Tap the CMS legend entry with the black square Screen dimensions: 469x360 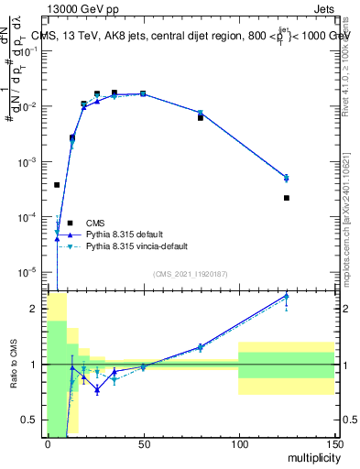70,223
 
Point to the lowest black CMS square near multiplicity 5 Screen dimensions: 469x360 57,185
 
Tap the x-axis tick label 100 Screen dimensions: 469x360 238,444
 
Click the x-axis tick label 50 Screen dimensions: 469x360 143,444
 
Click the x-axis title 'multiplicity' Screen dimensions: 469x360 311,457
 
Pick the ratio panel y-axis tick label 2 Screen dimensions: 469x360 35,309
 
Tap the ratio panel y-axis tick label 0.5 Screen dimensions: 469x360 30,420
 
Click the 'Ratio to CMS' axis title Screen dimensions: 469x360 14,365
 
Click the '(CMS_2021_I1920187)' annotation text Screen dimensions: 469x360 191,273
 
